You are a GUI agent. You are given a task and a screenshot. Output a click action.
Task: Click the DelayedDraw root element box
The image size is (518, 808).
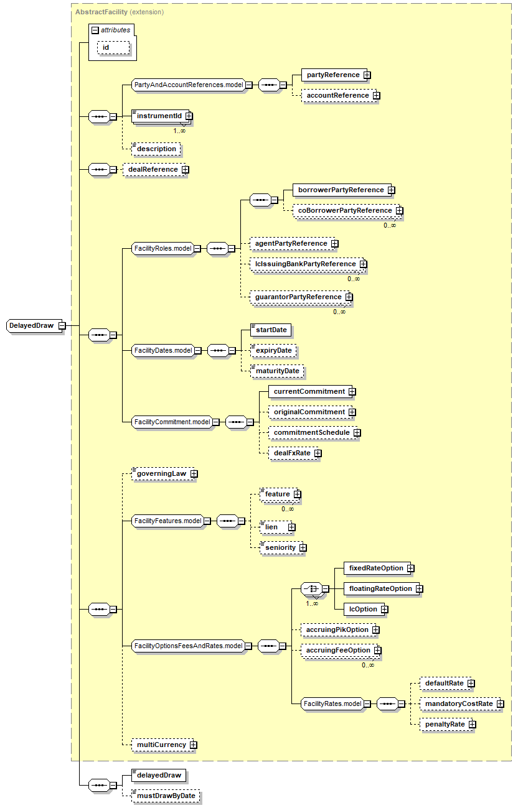[x=32, y=325]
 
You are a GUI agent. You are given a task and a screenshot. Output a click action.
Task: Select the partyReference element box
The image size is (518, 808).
[x=332, y=75]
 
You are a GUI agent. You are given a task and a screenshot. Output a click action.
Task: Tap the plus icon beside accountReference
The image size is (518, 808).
[x=377, y=96]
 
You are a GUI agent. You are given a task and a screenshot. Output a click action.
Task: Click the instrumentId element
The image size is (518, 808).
[x=159, y=116]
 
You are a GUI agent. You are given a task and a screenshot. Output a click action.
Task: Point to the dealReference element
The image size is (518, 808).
[x=152, y=169]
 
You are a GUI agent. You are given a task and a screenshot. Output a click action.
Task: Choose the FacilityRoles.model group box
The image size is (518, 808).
[x=162, y=248]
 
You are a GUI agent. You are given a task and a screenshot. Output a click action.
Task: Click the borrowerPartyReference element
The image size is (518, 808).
[x=341, y=190]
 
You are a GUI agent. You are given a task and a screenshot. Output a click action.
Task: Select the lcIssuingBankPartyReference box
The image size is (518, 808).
[x=305, y=264]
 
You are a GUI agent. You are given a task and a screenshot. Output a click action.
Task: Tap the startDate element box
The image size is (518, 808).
[x=271, y=330]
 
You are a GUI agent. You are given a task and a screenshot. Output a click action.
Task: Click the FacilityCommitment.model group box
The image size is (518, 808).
[x=172, y=422]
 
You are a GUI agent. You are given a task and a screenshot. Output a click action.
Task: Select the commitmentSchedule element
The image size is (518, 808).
[x=311, y=432]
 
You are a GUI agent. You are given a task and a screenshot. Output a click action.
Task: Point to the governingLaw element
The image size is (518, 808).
[x=161, y=474]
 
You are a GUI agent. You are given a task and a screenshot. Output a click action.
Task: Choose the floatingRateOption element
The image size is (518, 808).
[x=380, y=588]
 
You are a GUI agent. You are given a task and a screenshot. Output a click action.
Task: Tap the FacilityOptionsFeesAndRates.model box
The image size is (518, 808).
[x=188, y=646]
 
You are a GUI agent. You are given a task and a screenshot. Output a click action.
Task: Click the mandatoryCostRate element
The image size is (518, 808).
[x=458, y=704]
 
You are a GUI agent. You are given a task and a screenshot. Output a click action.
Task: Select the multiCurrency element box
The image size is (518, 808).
[x=161, y=745]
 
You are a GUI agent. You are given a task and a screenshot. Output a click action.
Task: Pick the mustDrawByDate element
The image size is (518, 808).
[x=166, y=796]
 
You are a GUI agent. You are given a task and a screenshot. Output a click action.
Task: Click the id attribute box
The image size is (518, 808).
[x=113, y=47]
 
